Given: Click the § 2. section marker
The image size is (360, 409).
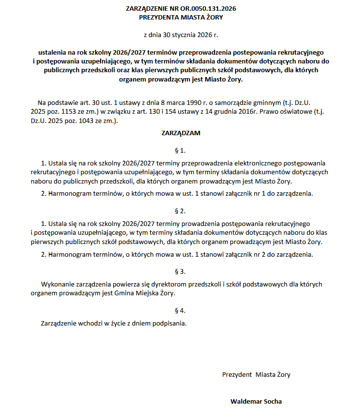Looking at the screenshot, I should pos(180,211).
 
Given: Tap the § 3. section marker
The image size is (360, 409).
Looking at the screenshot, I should pos(180,271).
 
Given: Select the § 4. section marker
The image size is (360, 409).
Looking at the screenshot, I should pos(180,310).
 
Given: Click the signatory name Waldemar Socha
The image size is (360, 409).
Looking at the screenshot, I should pos(256,402).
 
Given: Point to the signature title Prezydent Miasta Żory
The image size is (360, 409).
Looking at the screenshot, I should pos(256,374).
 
